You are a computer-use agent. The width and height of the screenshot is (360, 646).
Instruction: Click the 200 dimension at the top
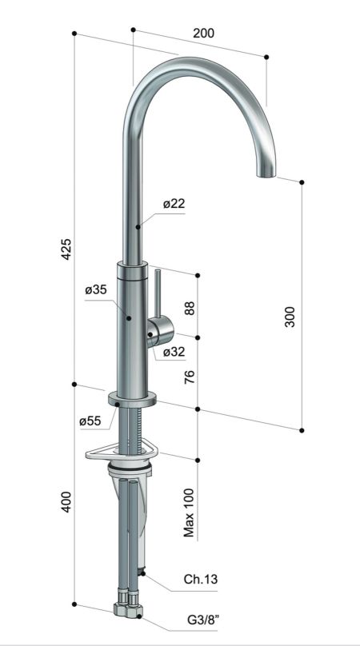coord(204,33)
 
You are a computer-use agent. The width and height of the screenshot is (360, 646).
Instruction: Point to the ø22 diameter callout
coord(174,204)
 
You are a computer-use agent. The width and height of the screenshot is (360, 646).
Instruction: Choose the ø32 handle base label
coord(174,351)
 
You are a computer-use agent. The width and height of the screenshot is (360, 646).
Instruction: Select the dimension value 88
coord(190,307)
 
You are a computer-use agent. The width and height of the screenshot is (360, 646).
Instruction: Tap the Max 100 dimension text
coord(190,512)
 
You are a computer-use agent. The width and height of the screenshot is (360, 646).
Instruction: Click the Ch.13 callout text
coord(199,579)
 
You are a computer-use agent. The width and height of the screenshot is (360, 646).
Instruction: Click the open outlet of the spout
coord(265,173)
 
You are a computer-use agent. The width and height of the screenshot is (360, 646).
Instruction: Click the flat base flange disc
coord(131,399)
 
